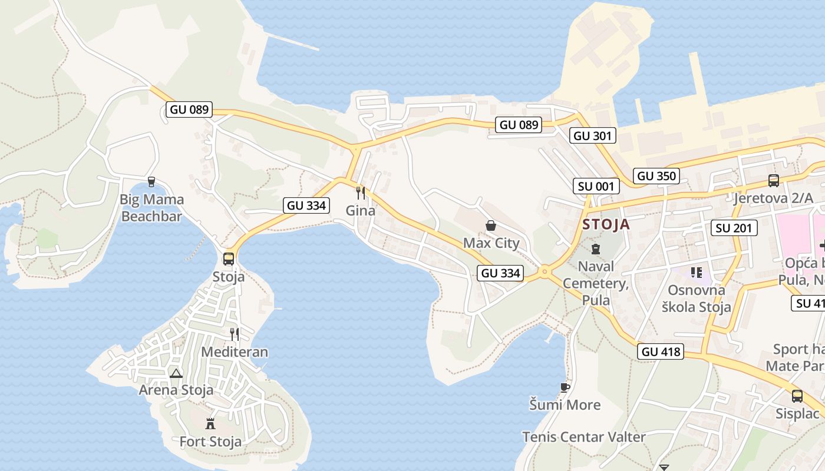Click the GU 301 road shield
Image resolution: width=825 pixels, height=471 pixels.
(593, 136)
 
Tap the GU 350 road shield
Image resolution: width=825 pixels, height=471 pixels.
(656, 175)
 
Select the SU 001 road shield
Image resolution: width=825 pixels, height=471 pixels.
(596, 187)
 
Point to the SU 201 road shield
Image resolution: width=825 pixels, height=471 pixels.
(734, 228)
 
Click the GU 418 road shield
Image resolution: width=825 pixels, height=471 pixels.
(660, 352)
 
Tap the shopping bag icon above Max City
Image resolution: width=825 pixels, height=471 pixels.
(490, 225)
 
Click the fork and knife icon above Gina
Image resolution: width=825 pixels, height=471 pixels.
(361, 193)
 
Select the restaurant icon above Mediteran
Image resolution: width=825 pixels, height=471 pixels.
(235, 334)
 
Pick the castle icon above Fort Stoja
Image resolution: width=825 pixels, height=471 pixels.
(210, 423)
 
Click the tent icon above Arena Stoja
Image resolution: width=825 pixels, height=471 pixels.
(176, 373)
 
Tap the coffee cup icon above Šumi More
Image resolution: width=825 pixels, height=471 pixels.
(565, 387)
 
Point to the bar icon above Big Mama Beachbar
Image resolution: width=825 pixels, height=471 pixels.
(151, 182)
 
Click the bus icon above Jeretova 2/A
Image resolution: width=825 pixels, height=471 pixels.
(773, 181)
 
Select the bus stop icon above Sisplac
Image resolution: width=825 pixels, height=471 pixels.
(797, 396)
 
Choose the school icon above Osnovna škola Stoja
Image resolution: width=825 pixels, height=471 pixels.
(697, 273)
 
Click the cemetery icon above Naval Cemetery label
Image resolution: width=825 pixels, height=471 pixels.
(595, 249)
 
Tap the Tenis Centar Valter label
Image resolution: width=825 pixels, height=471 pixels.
(583, 437)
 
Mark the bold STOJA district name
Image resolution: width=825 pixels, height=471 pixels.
(606, 224)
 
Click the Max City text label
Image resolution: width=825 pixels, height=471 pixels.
(491, 243)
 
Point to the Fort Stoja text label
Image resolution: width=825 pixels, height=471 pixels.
(210, 442)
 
